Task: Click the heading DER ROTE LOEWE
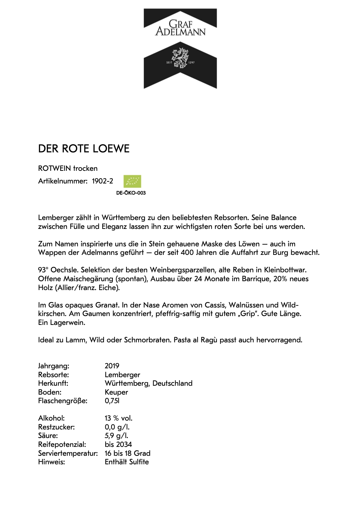point(84,149)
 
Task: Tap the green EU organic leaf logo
point(132,181)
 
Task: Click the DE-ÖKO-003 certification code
point(131,193)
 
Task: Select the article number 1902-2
point(102,181)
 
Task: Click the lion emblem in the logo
point(180,58)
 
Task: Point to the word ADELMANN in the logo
point(181,32)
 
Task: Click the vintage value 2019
point(112,366)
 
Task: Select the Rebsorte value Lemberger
point(122,375)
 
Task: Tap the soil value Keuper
point(116,392)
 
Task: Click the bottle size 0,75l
point(112,401)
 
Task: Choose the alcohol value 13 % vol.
point(118,418)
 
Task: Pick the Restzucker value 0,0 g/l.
point(117,427)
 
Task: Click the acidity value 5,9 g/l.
point(116,436)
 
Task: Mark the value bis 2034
point(118,444)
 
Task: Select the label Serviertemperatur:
point(68,453)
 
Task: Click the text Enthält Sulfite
point(126,462)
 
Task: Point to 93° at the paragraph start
point(43,270)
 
